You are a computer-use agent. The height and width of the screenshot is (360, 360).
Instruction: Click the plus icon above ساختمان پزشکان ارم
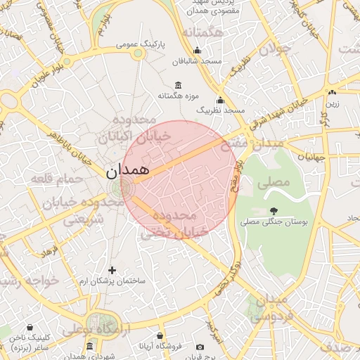(112, 270)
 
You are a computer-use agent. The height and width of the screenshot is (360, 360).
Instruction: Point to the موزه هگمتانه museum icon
(179, 85)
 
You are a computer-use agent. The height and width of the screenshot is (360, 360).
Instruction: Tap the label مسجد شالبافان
(200, 61)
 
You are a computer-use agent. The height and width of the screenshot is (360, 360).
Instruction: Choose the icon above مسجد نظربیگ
(220, 100)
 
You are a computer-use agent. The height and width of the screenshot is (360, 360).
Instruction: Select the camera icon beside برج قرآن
(200, 347)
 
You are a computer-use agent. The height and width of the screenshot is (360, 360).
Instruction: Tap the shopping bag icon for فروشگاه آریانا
(161, 336)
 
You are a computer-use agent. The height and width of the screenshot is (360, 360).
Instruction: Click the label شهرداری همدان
(89, 357)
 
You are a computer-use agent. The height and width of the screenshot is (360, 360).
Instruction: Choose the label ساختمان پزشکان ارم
(112, 281)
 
